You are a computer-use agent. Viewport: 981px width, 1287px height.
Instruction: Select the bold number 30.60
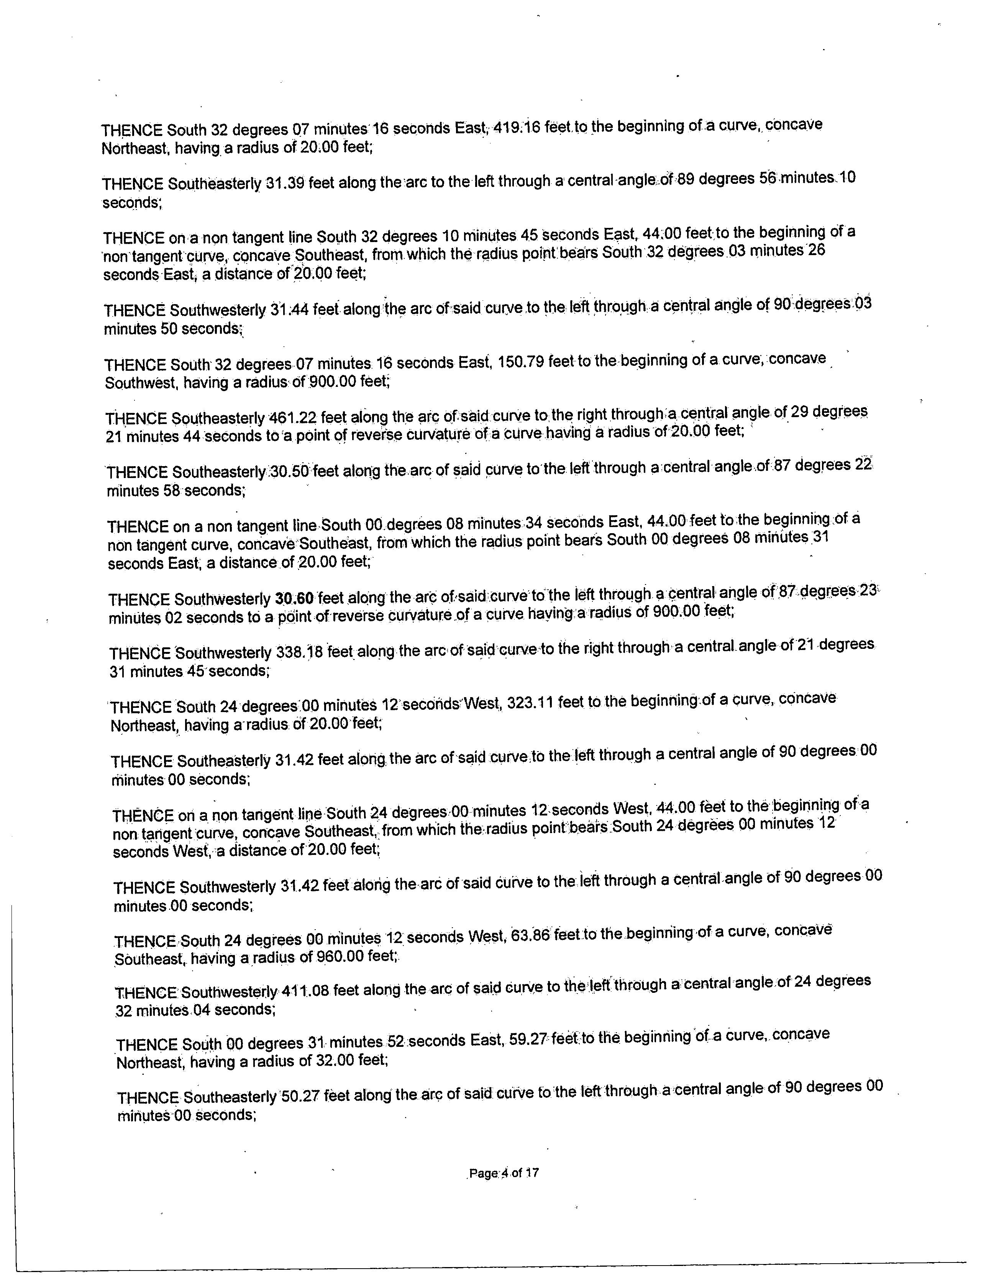294,598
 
